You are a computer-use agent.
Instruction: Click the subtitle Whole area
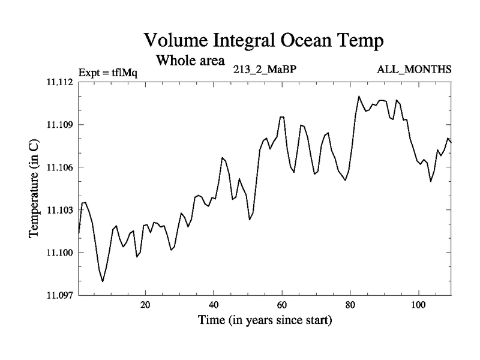pyautogui.click(x=190, y=61)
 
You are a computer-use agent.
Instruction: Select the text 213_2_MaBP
pyautogui.click(x=265, y=70)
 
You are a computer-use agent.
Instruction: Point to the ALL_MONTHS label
pyautogui.click(x=414, y=70)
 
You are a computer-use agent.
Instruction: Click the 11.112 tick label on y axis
pyautogui.click(x=59, y=82)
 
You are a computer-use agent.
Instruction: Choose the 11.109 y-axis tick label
pyautogui.click(x=59, y=124)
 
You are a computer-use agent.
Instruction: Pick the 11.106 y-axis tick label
pyautogui.click(x=59, y=167)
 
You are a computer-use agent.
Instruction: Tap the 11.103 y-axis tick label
pyautogui.click(x=59, y=209)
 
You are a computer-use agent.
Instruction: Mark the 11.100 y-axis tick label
pyautogui.click(x=59, y=252)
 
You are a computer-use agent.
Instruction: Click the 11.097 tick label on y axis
pyautogui.click(x=59, y=295)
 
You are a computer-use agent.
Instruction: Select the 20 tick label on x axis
pyautogui.click(x=145, y=305)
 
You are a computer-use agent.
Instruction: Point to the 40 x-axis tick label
pyautogui.click(x=214, y=305)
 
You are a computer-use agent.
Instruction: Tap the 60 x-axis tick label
pyautogui.click(x=282, y=305)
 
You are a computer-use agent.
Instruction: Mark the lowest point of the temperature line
pyautogui.click(x=103, y=281)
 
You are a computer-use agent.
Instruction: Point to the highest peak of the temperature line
pyautogui.click(x=359, y=96)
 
